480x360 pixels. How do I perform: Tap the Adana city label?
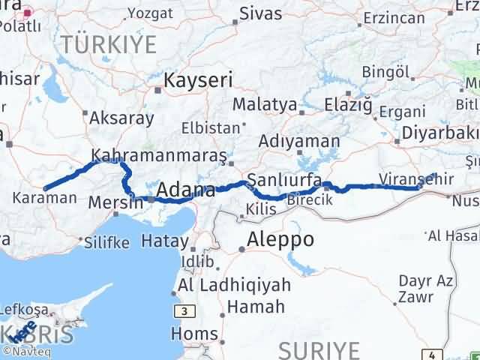click(x=186, y=190)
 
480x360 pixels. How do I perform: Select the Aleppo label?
click(x=281, y=239)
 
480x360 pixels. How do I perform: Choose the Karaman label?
click(x=44, y=199)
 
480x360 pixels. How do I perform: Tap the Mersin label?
click(x=115, y=202)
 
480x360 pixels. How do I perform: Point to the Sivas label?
click(x=261, y=13)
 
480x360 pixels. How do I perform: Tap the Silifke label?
click(x=106, y=243)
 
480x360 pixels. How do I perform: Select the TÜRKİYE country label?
click(x=109, y=45)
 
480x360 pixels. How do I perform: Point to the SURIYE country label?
click(x=319, y=349)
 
